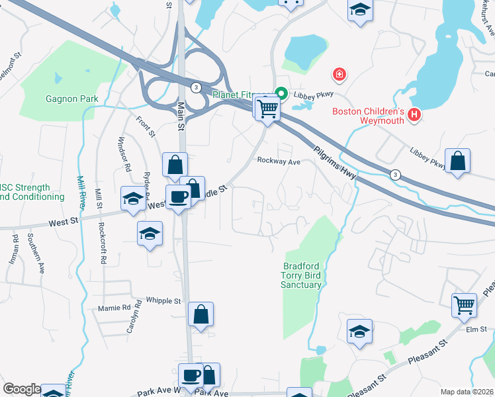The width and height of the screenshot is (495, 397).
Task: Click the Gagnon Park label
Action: pyautogui.click(x=71, y=99)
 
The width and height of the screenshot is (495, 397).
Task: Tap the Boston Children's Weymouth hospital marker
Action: pyautogui.click(x=414, y=115)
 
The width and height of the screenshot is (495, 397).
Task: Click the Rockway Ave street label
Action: pyautogui.click(x=279, y=161)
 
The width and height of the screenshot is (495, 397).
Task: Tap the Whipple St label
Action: pyautogui.click(x=163, y=301)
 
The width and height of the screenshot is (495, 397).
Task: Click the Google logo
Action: pyautogui.click(x=22, y=389)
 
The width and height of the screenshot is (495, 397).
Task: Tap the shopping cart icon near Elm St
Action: pyautogui.click(x=464, y=305)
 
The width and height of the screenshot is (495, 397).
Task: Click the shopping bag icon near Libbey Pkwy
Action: pyautogui.click(x=457, y=161)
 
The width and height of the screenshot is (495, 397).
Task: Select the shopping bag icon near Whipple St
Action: pyautogui.click(x=201, y=314)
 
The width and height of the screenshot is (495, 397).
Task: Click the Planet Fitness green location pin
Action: pyautogui.click(x=281, y=94)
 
